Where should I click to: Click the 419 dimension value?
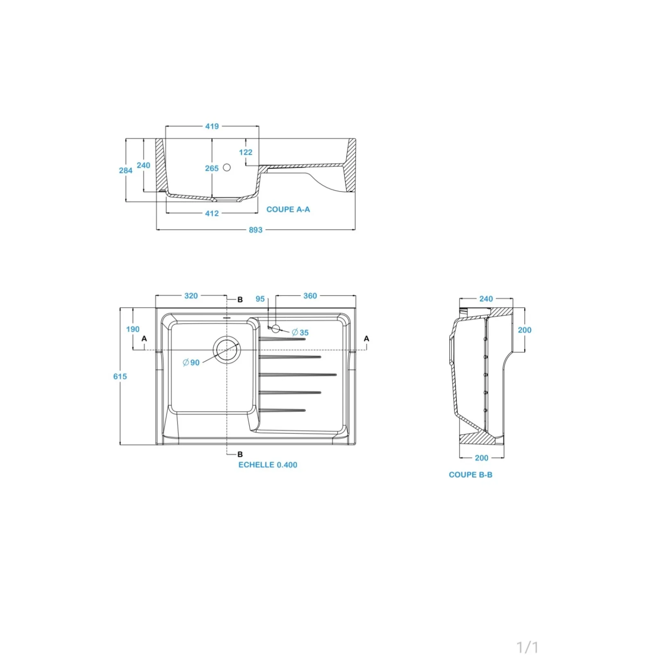pyautogui.click(x=212, y=126)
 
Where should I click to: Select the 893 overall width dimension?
pyautogui.click(x=255, y=230)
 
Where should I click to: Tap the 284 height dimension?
pyautogui.click(x=126, y=170)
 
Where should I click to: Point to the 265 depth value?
pyautogui.click(x=212, y=168)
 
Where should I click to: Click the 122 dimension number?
pyautogui.click(x=246, y=152)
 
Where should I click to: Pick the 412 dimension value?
pyautogui.click(x=212, y=213)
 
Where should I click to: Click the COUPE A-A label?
pyautogui.click(x=288, y=210)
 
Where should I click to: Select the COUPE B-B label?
pyautogui.click(x=471, y=475)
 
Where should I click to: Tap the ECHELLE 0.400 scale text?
pyautogui.click(x=268, y=465)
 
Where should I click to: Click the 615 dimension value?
pyautogui.click(x=120, y=377)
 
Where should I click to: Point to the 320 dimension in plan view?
pyautogui.click(x=191, y=296)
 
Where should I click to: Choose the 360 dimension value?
pyautogui.click(x=310, y=296)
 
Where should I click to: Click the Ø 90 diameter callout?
pyautogui.click(x=191, y=363)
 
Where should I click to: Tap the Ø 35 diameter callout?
pyautogui.click(x=300, y=333)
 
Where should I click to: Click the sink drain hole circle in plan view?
pyautogui.click(x=226, y=350)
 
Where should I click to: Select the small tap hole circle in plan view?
pyautogui.click(x=276, y=328)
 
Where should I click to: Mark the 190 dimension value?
pyautogui.click(x=133, y=330)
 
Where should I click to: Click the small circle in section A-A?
pyautogui.click(x=227, y=167)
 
